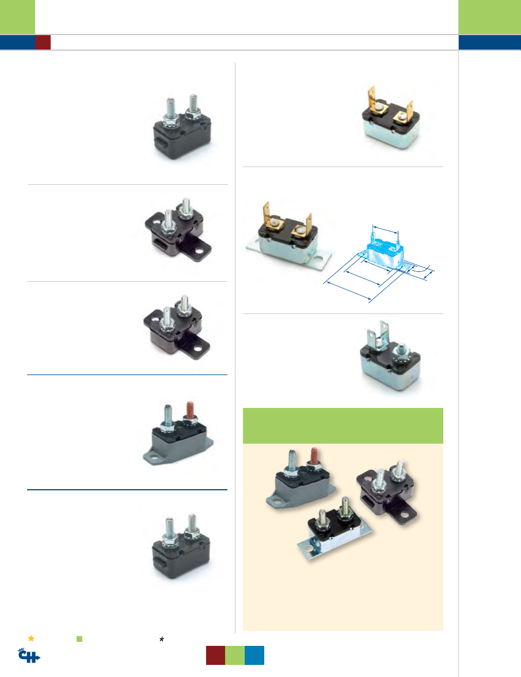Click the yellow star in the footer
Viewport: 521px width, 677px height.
click(x=31, y=638)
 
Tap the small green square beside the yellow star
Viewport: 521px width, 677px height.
click(x=79, y=639)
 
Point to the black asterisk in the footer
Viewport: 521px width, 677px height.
click(x=162, y=640)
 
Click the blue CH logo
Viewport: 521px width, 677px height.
click(x=29, y=656)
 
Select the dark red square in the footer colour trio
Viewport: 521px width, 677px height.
click(x=216, y=655)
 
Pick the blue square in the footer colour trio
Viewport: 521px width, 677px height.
click(x=254, y=655)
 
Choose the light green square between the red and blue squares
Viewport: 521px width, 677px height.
click(x=235, y=655)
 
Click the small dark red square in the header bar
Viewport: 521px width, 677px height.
click(x=43, y=42)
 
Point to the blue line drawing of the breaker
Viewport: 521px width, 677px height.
click(x=379, y=263)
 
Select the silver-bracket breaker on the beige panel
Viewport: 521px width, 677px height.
click(x=334, y=530)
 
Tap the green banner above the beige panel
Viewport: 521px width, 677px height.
click(x=343, y=426)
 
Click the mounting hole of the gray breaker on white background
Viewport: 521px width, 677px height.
click(x=152, y=457)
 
